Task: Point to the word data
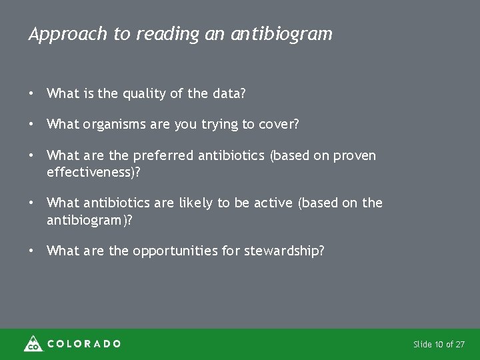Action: [x=227, y=95]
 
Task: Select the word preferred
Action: [x=161, y=156]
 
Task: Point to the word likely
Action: [x=213, y=203]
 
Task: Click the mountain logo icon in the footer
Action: [x=32, y=343]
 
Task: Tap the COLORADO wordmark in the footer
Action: [x=84, y=344]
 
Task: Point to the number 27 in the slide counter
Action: [x=460, y=345]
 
